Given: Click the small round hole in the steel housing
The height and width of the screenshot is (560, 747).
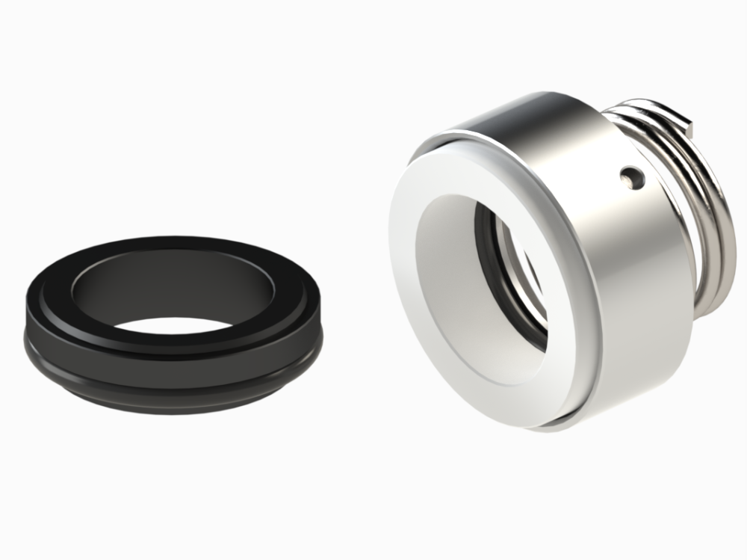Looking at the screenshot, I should (x=633, y=177).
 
